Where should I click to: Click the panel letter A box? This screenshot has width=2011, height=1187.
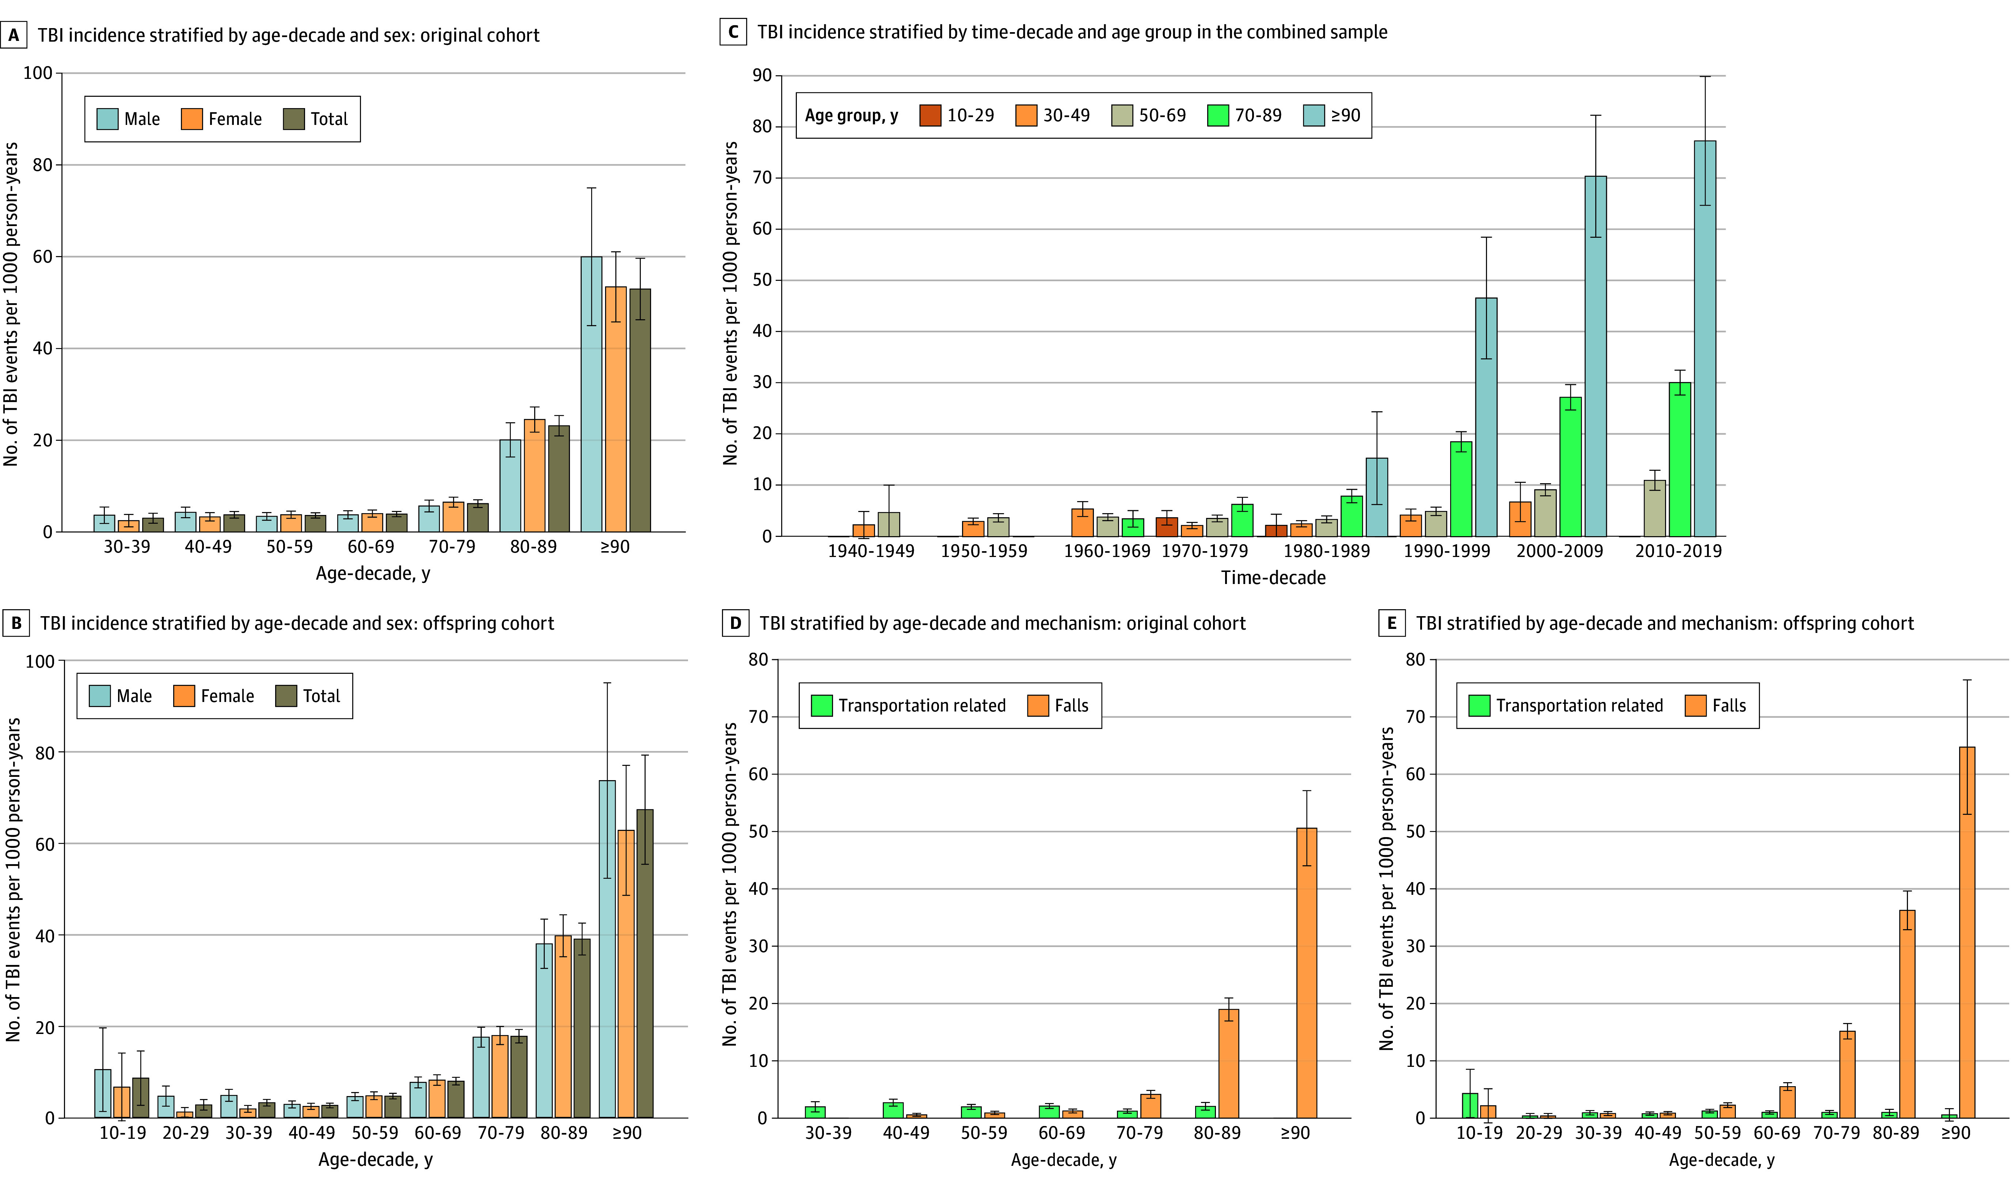click(13, 35)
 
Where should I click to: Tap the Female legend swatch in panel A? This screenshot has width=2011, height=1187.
click(192, 119)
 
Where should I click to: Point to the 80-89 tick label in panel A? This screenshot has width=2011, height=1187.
click(533, 547)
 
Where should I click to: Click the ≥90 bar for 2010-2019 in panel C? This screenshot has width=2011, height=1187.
click(1704, 338)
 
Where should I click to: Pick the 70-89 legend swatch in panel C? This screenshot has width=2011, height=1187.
click(1217, 115)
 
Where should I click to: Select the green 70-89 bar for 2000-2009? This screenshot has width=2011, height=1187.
click(1570, 466)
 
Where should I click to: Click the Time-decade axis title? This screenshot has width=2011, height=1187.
click(1273, 577)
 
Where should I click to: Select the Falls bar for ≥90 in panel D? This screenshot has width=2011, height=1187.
click(1306, 973)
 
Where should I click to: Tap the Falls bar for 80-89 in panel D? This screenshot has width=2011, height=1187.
click(1229, 1063)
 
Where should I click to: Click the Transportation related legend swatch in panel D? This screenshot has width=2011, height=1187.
click(821, 706)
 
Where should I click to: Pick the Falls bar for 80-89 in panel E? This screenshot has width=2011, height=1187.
click(1907, 1014)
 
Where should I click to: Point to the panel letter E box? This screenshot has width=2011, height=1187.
click(1392, 623)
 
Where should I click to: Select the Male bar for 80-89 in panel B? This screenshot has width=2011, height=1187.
click(544, 1030)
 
